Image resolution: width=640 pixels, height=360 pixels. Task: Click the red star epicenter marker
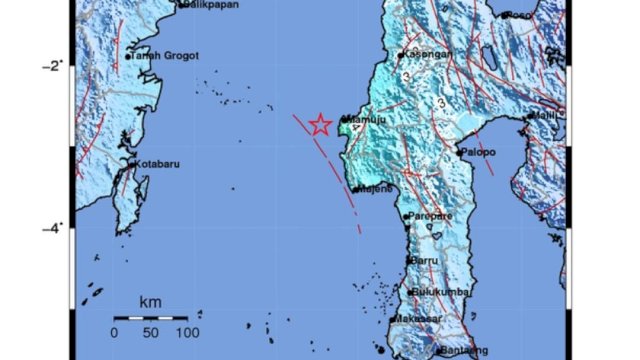pyautogui.click(x=320, y=124)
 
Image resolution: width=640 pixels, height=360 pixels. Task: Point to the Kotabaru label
pyautogui.click(x=158, y=163)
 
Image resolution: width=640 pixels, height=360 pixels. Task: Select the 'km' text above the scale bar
pyautogui.click(x=151, y=301)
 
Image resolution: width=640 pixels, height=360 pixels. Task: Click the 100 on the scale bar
pyautogui.click(x=187, y=332)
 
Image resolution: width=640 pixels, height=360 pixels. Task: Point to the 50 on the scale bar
pyautogui.click(x=151, y=332)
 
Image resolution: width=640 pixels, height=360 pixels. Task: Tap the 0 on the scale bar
pyautogui.click(x=115, y=332)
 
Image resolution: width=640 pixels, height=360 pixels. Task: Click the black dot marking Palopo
pyautogui.click(x=459, y=153)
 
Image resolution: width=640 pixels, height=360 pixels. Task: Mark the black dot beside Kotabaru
pyautogui.click(x=131, y=163)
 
